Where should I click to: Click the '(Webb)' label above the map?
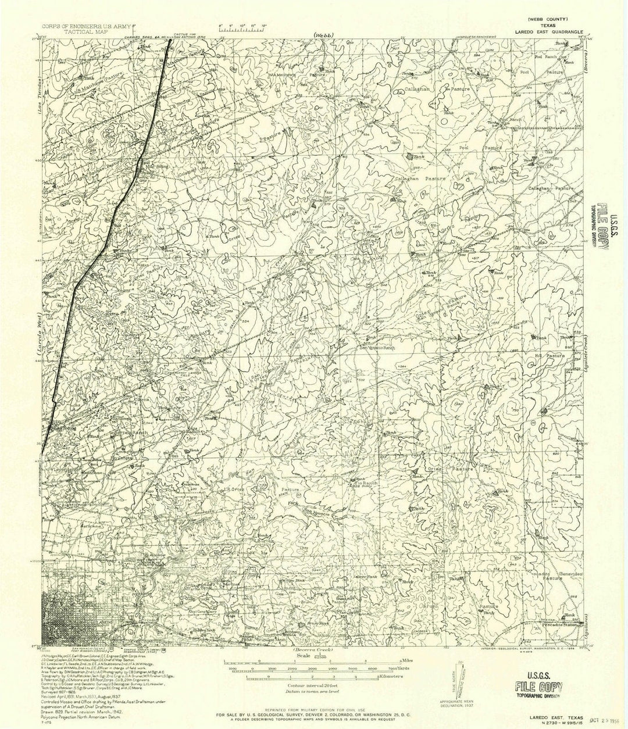(322, 35)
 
